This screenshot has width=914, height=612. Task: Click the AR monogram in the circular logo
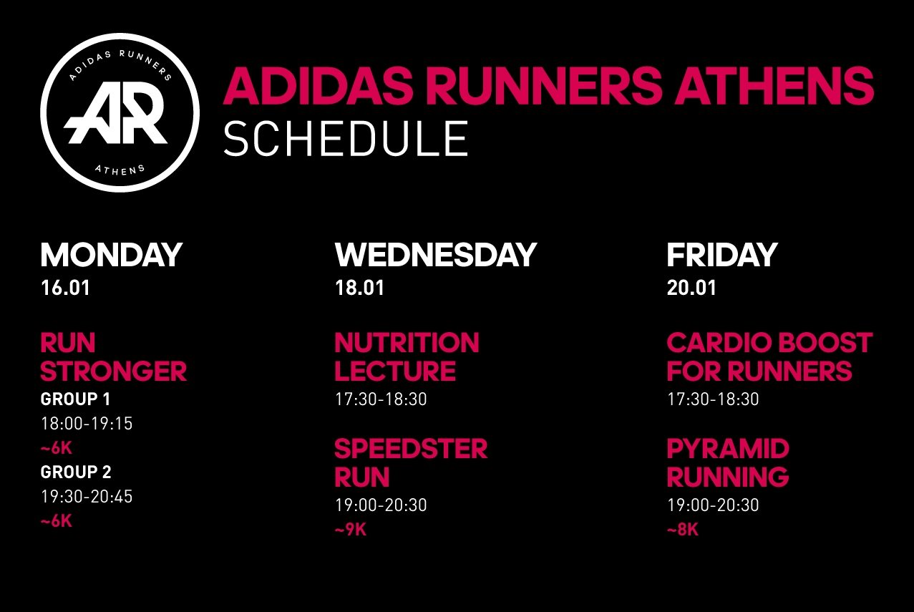115,112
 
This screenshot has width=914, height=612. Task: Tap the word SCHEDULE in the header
346,139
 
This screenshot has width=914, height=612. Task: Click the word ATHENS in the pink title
774,86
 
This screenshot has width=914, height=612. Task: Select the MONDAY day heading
112,255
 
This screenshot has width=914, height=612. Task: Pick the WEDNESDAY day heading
436,255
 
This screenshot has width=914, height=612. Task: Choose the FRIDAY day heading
722,255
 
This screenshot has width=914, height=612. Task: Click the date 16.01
65,288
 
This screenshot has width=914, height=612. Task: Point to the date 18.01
359,288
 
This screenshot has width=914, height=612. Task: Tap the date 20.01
691,288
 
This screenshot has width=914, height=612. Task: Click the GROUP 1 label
75,399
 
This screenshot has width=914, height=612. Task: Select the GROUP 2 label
76,472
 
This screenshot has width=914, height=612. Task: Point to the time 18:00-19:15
87,424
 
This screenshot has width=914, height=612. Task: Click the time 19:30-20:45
87,497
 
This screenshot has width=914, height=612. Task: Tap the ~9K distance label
351,530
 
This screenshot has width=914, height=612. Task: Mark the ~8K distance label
683,530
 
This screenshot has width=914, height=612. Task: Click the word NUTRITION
407,343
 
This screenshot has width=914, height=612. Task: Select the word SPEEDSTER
411,449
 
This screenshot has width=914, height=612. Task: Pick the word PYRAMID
728,449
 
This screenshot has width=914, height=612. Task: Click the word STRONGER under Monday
113,371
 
